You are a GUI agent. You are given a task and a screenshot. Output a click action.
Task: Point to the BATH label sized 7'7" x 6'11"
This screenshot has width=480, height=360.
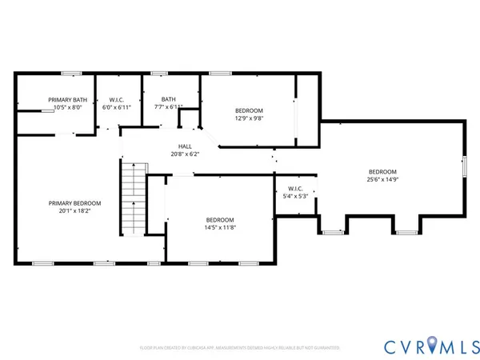[168, 99]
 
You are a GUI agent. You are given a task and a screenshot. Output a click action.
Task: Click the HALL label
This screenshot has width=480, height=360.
[184, 146]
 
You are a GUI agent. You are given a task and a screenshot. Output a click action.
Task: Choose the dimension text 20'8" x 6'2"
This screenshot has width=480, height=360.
[184, 154]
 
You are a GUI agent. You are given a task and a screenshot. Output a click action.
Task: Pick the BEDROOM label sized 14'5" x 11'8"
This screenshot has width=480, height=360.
[219, 220]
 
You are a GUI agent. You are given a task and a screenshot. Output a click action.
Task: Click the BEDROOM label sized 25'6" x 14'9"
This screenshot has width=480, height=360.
[382, 172]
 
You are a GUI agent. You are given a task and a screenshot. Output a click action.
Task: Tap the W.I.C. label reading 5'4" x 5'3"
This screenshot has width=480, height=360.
[290, 190]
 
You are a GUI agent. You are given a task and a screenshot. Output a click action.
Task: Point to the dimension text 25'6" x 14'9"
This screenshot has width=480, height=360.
[382, 180]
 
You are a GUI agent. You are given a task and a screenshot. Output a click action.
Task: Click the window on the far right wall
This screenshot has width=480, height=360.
[464, 167]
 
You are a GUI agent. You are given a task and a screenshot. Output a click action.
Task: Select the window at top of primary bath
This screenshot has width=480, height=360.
[72, 74]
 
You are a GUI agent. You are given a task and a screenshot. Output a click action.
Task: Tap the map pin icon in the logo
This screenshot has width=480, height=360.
[433, 344]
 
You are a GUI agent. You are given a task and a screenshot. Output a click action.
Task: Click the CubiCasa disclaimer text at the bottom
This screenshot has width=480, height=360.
[240, 348]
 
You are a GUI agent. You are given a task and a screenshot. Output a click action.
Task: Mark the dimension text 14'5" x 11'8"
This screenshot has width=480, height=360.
[219, 228]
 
